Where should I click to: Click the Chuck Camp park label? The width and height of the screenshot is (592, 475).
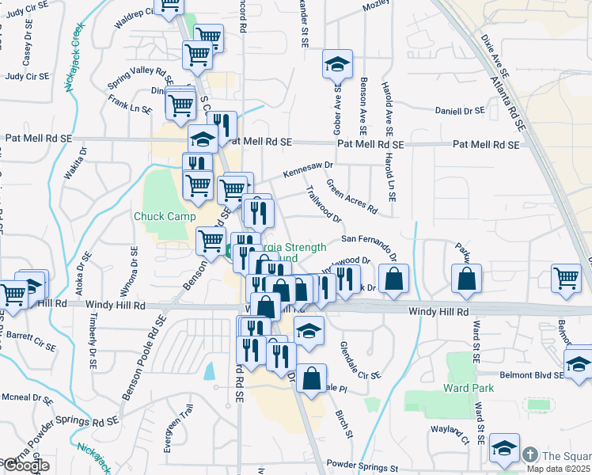point(165,216)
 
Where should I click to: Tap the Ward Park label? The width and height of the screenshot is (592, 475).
point(469,388)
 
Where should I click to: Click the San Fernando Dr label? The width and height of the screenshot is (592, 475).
point(368,238)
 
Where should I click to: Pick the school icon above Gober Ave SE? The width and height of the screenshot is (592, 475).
point(338,65)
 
